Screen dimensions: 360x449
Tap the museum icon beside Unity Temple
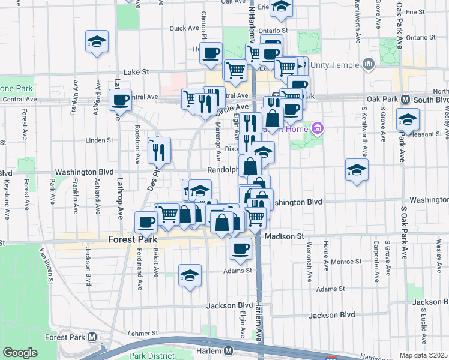pyautogui.click(x=368, y=62)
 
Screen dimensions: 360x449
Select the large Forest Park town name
pyautogui.click(x=133, y=239)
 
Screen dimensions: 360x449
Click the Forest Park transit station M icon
pyautogui.click(x=92, y=337)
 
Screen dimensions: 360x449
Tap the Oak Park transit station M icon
pyautogui.click(x=405, y=99)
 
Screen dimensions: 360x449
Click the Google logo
pyautogui.click(x=20, y=353)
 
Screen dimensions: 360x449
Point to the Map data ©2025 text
pyautogui.click(x=423, y=355)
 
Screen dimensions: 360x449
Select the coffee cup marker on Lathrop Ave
pyautogui.click(x=120, y=100)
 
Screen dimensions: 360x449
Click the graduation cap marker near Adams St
pyautogui.click(x=190, y=275)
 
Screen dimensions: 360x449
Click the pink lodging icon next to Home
pyautogui.click(x=318, y=127)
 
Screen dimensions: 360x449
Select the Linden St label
pyautogui.click(x=100, y=140)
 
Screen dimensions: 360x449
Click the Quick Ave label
pyautogui.click(x=184, y=28)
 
